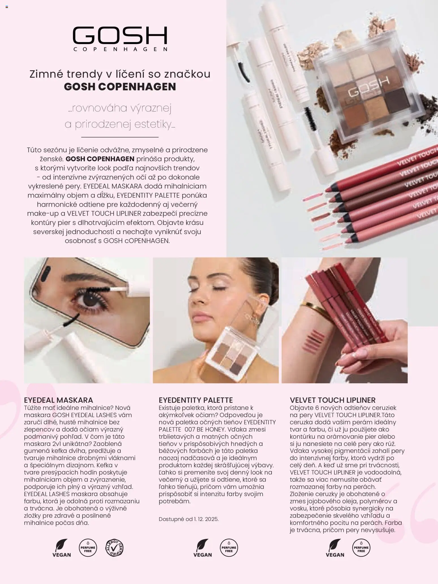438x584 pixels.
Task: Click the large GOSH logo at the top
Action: point(120,36)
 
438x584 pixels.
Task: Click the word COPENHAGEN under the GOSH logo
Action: point(120,49)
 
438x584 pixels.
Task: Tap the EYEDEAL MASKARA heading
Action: point(58,400)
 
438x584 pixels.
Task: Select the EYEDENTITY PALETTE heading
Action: point(196,400)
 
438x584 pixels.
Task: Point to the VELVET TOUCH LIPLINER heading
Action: point(333,400)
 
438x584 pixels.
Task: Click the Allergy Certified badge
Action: point(114,548)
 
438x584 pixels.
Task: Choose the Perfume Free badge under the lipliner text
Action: point(361,548)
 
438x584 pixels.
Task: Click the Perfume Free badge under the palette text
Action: point(229,548)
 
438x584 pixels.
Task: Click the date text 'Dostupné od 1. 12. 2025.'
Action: point(188,519)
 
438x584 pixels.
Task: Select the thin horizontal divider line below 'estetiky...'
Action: point(120,137)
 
